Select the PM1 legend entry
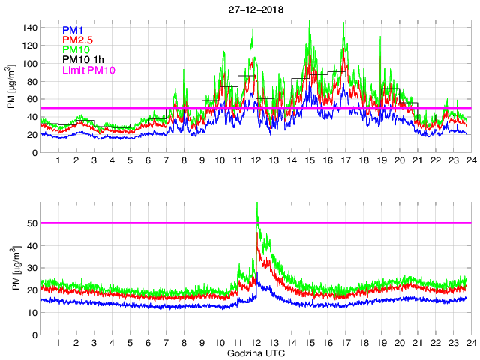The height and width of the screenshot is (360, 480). pyautogui.click(x=73, y=30)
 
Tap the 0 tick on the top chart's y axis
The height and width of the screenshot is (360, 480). pyautogui.click(x=34, y=153)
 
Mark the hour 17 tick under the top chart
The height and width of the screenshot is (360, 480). pyautogui.click(x=345, y=161)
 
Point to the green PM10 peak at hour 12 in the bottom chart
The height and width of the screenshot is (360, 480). pyautogui.click(x=256, y=203)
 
